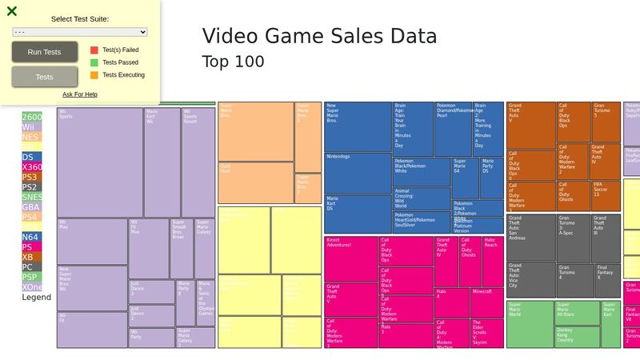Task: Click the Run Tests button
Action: coord(45,52)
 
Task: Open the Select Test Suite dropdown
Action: coord(80,32)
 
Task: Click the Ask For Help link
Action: coord(80,94)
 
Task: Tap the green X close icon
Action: coord(12,11)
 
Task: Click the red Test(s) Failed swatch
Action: coord(94,50)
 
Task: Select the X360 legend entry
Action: coord(32,167)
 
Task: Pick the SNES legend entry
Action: coord(32,197)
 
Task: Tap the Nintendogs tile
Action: coord(357,173)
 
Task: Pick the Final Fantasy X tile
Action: coord(607,280)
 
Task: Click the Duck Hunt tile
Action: coord(255,182)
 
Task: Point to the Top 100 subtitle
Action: coord(233,62)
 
